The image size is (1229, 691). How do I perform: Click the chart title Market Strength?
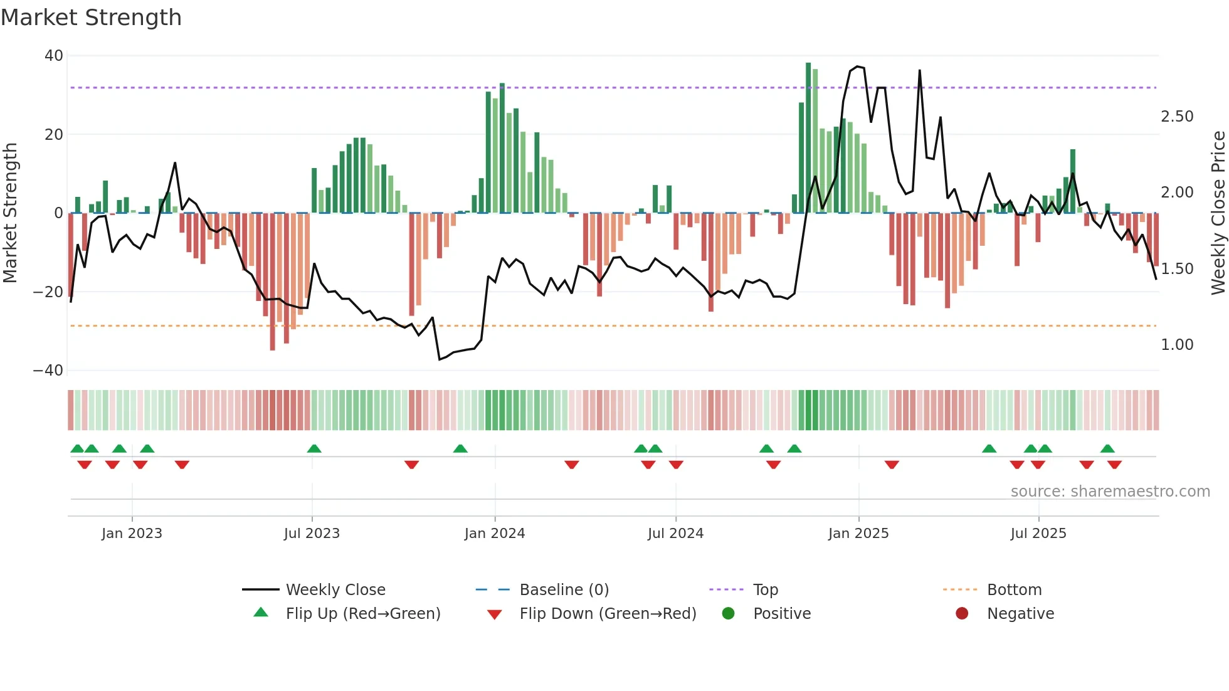pyautogui.click(x=91, y=18)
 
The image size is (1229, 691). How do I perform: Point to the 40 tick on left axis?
pyautogui.click(x=54, y=56)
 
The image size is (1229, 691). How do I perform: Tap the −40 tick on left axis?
pyautogui.click(x=48, y=371)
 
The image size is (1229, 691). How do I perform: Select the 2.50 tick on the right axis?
pyautogui.click(x=1177, y=117)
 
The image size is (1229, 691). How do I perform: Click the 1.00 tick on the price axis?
pyautogui.click(x=1177, y=345)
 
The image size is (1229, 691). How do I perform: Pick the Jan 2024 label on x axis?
pyautogui.click(x=494, y=534)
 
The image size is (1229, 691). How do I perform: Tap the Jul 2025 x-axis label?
pyautogui.click(x=1038, y=534)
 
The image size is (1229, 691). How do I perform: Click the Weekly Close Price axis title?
pyautogui.click(x=1218, y=213)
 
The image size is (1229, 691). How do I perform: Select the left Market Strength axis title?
pyautogui.click(x=10, y=213)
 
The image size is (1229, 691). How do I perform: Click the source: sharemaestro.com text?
pyautogui.click(x=1110, y=492)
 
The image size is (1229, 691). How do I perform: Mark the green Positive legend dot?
pyautogui.click(x=728, y=614)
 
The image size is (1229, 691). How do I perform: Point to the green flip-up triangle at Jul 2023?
pyautogui.click(x=314, y=448)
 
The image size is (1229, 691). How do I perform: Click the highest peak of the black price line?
pyautogui.click(x=857, y=66)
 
